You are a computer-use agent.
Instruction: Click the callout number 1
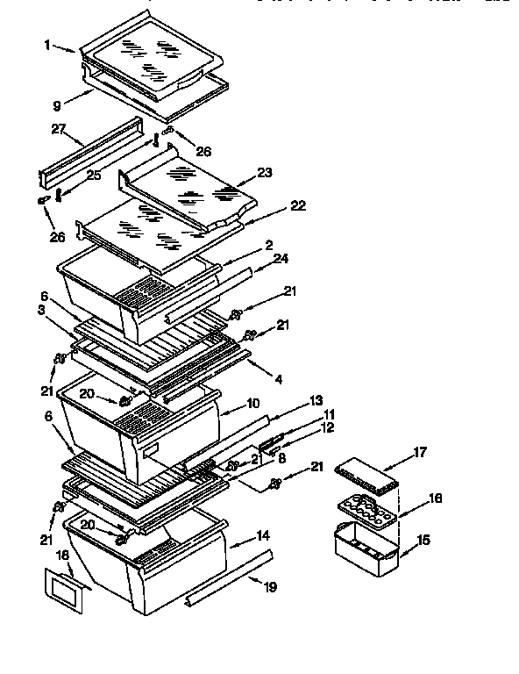[46, 44]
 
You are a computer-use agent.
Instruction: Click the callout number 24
[281, 257]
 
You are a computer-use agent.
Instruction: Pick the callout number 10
[254, 405]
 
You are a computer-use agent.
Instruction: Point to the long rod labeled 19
[228, 580]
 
